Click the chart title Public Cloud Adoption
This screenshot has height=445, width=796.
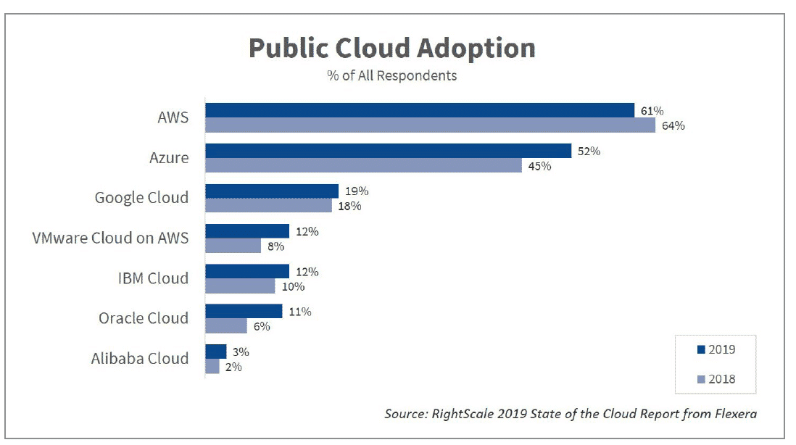[x=392, y=49]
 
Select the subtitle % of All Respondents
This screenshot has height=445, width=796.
[x=392, y=75]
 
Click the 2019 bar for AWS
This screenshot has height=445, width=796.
[x=420, y=110]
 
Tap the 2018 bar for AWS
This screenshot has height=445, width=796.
[x=430, y=125]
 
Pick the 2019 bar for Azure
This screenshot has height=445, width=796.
[x=389, y=151]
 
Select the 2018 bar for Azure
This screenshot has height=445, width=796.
[x=363, y=166]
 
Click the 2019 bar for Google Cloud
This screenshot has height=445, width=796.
[x=272, y=191]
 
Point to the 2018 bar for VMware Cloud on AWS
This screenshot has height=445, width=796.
[x=233, y=246]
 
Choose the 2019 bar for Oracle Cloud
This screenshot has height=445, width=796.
[x=244, y=312]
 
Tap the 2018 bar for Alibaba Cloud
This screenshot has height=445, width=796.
[x=212, y=367]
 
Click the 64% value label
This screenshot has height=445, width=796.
[x=673, y=126]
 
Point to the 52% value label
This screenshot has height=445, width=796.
[x=589, y=151]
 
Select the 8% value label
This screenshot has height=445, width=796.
[x=276, y=246]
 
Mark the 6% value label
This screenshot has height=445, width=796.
[x=262, y=326]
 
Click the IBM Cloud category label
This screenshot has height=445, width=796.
[x=153, y=278]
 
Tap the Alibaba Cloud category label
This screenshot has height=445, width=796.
[x=140, y=359]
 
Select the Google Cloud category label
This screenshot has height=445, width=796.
[x=141, y=198]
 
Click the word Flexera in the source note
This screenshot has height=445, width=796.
[x=737, y=415]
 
